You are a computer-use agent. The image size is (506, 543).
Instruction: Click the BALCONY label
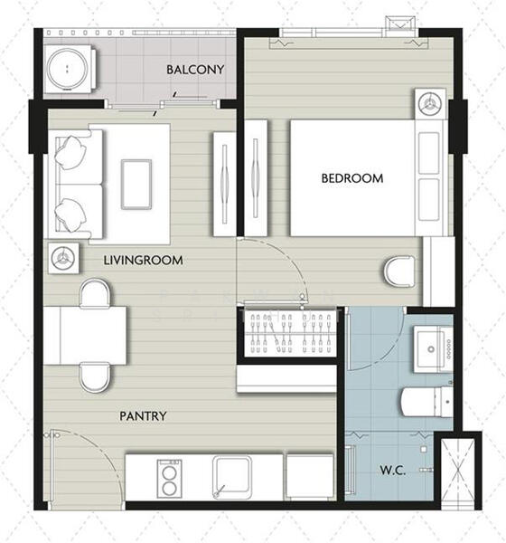pos(195,70)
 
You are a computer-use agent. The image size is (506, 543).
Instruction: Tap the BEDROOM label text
pos(352,178)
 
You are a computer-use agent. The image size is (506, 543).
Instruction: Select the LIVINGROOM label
pos(143,261)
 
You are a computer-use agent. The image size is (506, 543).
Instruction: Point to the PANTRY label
pos(143,416)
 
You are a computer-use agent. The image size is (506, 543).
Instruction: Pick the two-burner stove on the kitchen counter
pos(168,477)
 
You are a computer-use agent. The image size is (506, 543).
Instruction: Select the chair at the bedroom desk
pos(398,270)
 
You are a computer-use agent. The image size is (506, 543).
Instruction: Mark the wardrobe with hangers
pos(289,331)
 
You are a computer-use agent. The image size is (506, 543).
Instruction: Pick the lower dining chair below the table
pos(93,376)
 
